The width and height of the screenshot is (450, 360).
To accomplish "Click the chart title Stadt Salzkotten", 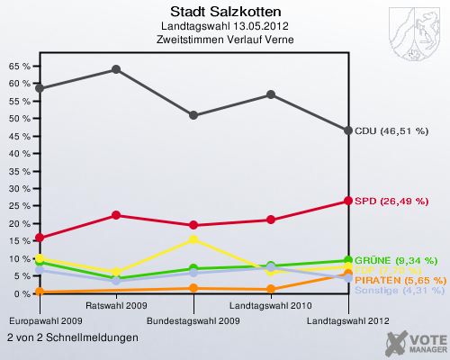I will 224,13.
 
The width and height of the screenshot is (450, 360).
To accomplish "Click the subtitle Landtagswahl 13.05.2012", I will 224,27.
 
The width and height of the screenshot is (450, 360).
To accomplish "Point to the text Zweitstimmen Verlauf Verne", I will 224,40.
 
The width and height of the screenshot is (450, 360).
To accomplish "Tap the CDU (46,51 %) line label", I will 391,130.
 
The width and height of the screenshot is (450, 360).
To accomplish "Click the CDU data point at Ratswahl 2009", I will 116,69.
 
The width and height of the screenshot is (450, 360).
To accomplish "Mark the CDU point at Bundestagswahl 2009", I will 193,115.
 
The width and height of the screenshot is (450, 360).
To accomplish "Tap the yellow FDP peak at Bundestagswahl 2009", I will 193,239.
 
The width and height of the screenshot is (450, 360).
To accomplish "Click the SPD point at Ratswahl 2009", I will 116,215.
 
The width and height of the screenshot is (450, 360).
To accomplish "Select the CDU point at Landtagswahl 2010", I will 271,94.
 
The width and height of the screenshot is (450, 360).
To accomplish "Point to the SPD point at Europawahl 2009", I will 39,238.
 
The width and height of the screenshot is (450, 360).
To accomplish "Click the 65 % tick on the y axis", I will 18,66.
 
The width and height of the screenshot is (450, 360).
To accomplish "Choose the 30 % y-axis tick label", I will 18,188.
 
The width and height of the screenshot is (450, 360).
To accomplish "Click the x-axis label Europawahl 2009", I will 46,320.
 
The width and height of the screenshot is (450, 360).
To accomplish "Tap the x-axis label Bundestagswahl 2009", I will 193,320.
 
